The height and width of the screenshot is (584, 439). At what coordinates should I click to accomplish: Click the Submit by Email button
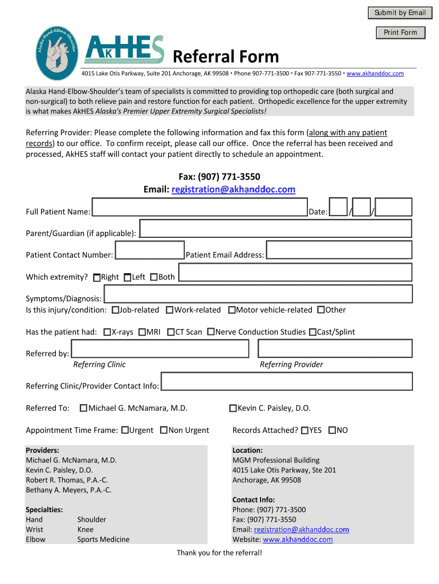coord(400,13)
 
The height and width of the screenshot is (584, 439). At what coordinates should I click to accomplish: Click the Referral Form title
coord(226,56)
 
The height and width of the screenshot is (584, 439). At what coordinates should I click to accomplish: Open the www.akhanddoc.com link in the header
coord(375,74)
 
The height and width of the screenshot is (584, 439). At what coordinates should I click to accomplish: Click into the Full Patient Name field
coord(200,208)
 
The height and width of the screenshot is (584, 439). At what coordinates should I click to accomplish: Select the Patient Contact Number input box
coord(149,250)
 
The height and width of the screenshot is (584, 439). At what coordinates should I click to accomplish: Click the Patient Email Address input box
coord(339,250)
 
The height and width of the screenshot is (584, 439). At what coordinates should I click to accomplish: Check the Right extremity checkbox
coord(97,277)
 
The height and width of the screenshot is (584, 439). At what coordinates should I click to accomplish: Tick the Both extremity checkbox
coord(154,277)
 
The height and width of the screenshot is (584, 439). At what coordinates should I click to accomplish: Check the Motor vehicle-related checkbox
coord(232,310)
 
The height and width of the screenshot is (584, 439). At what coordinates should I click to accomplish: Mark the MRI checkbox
coord(142,332)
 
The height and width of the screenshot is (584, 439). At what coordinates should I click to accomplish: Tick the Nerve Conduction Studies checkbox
coord(211,332)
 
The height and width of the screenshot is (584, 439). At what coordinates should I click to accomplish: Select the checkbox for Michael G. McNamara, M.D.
coord(84,408)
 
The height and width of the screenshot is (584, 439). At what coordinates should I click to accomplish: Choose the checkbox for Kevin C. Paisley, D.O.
coord(233,408)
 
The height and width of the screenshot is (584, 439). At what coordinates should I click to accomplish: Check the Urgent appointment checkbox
coord(125,431)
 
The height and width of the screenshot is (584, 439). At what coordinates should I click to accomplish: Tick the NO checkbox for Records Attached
coord(332,431)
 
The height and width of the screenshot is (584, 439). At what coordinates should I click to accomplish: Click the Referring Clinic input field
coord(160,348)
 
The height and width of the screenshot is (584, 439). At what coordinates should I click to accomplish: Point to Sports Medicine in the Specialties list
coord(103,540)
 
